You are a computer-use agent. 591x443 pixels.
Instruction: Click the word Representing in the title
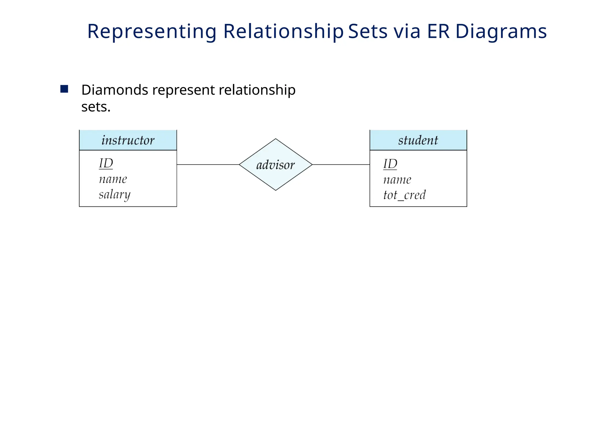[152, 31]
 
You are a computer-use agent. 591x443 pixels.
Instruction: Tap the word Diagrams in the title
[501, 31]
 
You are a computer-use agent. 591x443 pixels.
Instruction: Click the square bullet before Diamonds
[64, 89]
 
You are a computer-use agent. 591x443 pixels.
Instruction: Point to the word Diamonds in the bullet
[115, 90]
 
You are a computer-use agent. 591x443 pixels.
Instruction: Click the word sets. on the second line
[96, 107]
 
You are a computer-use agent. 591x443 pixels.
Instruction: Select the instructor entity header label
[128, 140]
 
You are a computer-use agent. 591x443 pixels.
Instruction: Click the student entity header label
[418, 140]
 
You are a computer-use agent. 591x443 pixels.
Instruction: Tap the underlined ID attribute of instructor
[106, 164]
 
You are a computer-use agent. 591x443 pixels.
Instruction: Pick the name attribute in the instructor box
[113, 179]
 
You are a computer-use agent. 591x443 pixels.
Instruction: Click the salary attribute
[115, 195]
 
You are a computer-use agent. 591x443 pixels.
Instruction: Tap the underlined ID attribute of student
[390, 164]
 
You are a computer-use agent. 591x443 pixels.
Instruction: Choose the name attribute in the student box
[397, 180]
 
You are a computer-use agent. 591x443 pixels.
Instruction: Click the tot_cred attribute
[404, 195]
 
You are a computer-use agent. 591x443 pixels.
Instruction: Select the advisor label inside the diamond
[276, 165]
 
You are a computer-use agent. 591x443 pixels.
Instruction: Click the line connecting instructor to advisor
[208, 165]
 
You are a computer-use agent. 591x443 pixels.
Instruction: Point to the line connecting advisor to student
[341, 165]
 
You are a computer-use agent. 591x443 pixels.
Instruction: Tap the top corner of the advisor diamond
[276, 139]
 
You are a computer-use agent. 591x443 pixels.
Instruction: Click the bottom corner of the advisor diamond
[276, 190]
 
